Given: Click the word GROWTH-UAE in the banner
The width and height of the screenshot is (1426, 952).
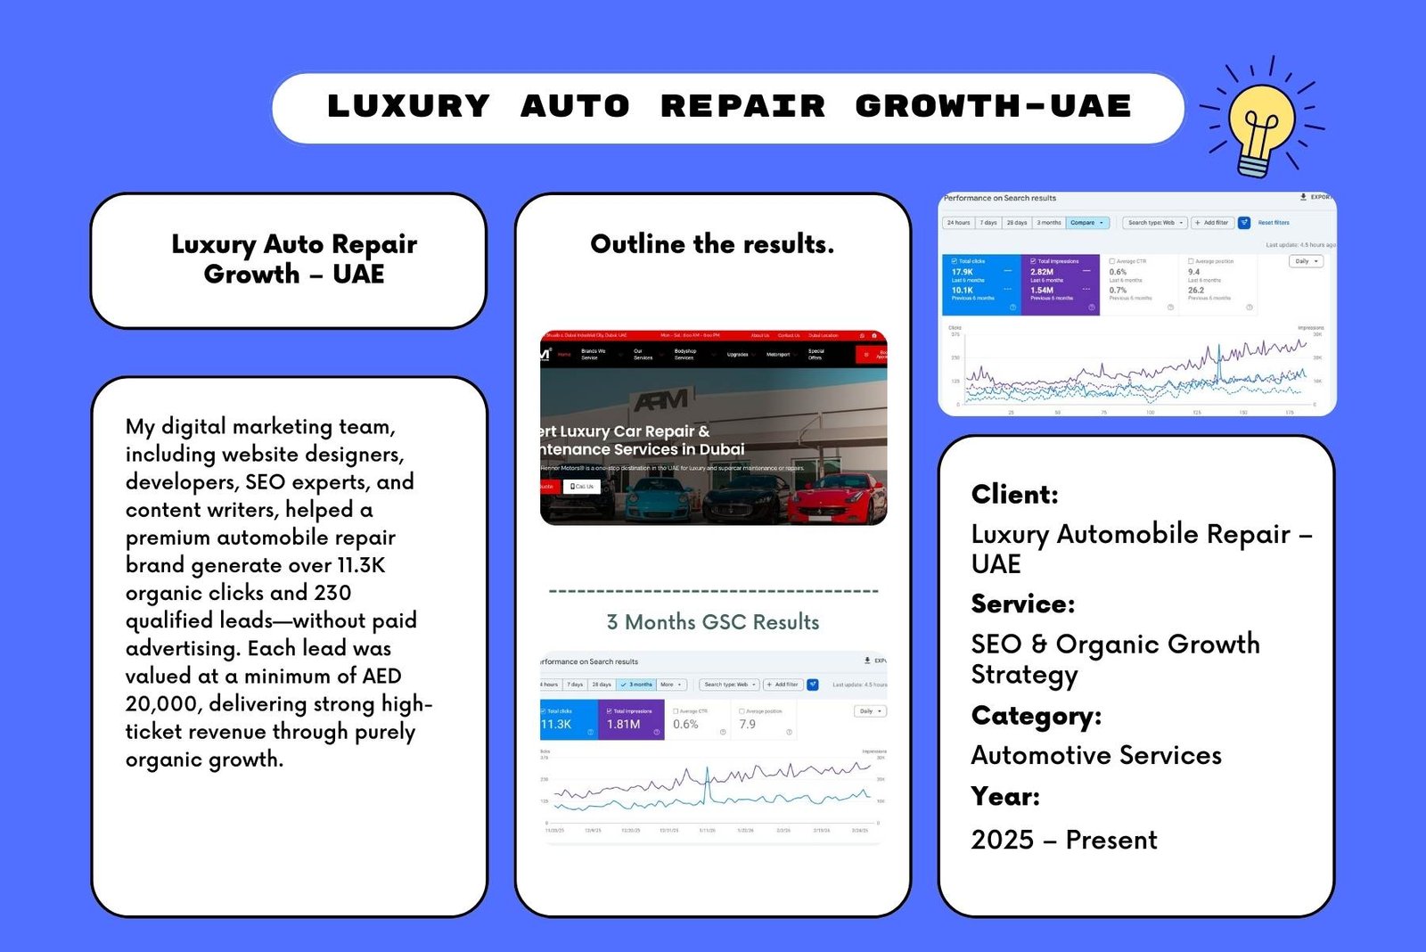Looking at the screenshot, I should [993, 106].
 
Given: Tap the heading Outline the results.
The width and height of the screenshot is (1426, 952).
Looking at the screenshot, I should [712, 243].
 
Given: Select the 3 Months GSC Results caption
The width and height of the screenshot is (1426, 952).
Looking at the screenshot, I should [712, 621].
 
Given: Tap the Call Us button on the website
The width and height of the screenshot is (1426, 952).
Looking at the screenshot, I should [582, 487].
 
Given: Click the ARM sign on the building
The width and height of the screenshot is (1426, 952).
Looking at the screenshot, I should [660, 398].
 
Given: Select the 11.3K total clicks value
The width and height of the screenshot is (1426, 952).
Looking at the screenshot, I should [556, 725].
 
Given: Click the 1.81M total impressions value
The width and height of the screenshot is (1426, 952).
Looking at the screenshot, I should [623, 725].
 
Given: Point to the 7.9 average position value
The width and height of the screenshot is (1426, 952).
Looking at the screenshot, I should [747, 725].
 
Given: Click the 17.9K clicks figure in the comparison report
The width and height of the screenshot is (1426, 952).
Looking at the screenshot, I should [962, 272].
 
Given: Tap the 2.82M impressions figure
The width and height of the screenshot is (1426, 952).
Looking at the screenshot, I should [1041, 272].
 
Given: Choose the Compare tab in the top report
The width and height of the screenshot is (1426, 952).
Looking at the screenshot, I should [1086, 223].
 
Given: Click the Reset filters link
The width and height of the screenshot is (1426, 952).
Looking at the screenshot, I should [1273, 223].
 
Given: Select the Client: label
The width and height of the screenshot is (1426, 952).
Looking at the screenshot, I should [1014, 494].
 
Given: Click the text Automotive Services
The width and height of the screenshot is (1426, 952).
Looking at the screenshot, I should [1095, 755].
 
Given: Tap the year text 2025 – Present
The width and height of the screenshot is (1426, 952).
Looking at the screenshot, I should [1063, 840].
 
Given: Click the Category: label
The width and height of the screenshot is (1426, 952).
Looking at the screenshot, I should [1036, 716].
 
